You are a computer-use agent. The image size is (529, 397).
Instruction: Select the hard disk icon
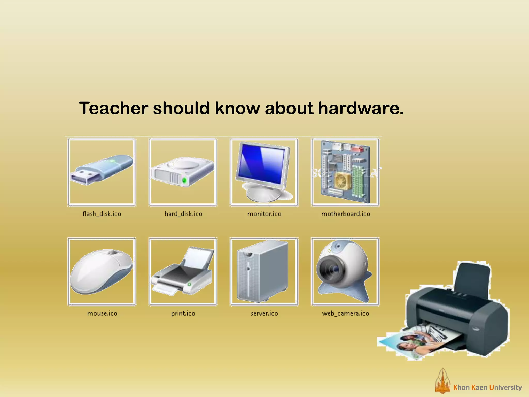tap(183, 172)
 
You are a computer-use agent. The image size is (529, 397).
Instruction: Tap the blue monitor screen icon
tap(262, 164)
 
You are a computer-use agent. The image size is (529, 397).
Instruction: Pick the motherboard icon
tap(345, 172)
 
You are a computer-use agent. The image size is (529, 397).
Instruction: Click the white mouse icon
tap(101, 271)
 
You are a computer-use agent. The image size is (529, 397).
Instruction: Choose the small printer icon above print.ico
tap(183, 271)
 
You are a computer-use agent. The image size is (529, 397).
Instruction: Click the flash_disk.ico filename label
tap(102, 214)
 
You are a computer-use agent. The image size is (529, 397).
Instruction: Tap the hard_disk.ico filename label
tap(183, 214)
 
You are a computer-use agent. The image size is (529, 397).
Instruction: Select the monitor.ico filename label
tap(264, 214)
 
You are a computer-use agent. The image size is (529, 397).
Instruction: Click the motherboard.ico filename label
tap(346, 214)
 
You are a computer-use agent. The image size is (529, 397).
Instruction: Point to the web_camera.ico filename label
tap(345, 314)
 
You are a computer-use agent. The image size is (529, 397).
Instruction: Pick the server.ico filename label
tap(264, 314)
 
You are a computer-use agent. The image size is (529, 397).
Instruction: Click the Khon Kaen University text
tap(487, 387)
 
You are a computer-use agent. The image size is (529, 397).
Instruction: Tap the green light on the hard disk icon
tap(184, 180)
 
